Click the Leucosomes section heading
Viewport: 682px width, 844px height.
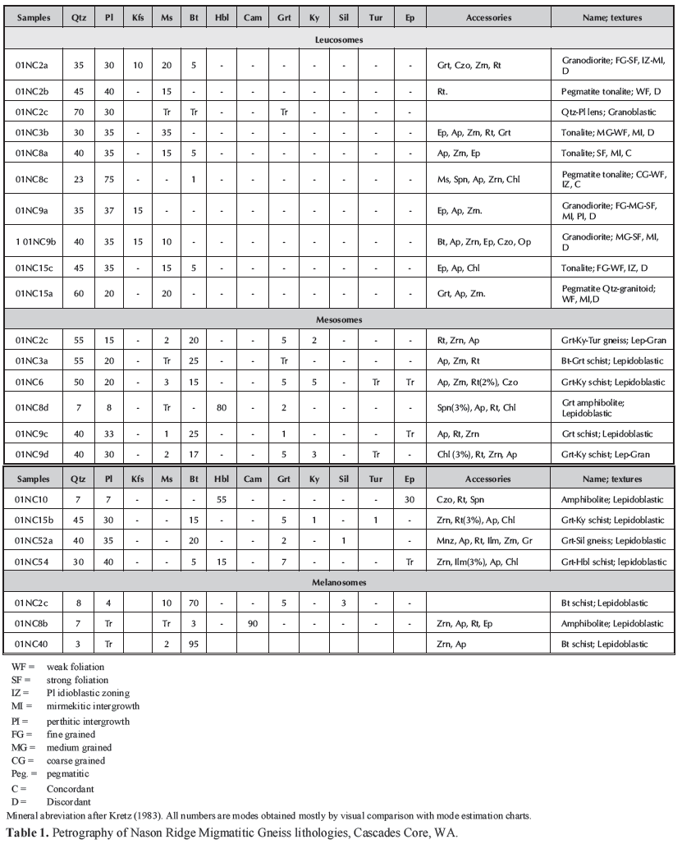341,39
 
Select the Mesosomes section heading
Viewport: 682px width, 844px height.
341,319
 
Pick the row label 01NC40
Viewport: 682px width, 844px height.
32,644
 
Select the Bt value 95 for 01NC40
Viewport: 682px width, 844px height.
190,644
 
